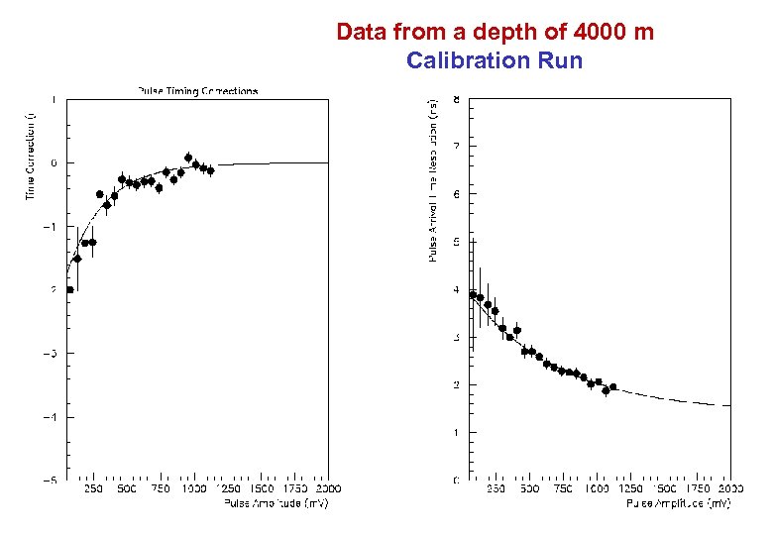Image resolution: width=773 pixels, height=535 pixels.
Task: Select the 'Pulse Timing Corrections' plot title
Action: coord(197,91)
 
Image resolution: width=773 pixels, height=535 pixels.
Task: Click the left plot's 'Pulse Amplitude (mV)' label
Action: coord(276,502)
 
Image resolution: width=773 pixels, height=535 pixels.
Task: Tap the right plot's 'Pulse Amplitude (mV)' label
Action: coord(679,503)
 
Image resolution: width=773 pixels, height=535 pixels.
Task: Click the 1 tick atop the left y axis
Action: coord(54,99)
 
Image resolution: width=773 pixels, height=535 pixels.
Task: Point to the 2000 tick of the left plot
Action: coord(327,489)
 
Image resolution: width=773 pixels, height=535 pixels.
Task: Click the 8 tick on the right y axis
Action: coord(456,99)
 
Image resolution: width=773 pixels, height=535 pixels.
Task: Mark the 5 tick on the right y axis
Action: coord(456,242)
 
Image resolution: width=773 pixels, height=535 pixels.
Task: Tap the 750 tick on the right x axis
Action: coord(562,489)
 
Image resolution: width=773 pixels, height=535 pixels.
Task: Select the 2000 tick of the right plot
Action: coord(729,489)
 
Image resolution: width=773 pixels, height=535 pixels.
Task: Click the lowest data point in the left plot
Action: coord(69,289)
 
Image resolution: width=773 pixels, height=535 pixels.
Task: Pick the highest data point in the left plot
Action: coord(188,158)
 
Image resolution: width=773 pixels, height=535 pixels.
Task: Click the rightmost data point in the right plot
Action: coord(612,387)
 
